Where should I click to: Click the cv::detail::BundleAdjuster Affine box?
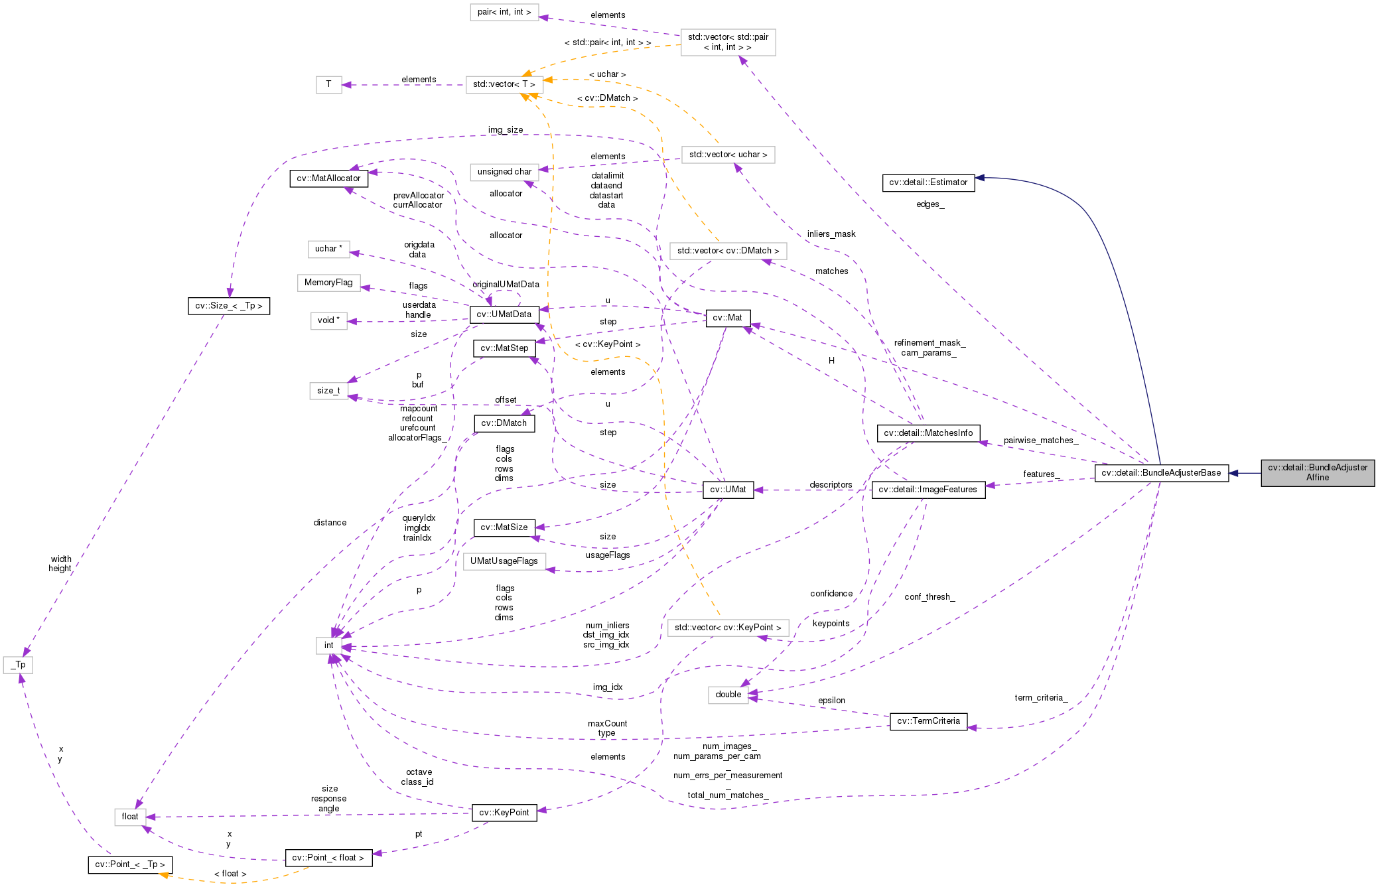click(1317, 472)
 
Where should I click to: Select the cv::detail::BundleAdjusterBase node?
click(1160, 473)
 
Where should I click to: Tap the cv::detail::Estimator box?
click(928, 182)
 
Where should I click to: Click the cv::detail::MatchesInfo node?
click(928, 433)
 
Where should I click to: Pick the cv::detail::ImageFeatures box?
click(928, 490)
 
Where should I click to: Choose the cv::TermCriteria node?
click(928, 721)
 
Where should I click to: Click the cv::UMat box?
click(728, 490)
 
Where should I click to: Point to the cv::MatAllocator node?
click(328, 178)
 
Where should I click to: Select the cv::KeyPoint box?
click(504, 813)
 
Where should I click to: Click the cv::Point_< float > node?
click(328, 858)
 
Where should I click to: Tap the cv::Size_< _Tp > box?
click(228, 306)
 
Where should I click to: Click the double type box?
click(728, 695)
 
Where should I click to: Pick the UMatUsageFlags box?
click(504, 561)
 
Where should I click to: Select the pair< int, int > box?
click(504, 12)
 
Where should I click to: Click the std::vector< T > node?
click(504, 84)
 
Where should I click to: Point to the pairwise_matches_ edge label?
click(1040, 441)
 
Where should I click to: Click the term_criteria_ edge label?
click(1040, 698)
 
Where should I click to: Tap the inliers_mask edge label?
click(831, 234)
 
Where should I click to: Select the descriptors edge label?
click(830, 485)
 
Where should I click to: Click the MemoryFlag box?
click(328, 283)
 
